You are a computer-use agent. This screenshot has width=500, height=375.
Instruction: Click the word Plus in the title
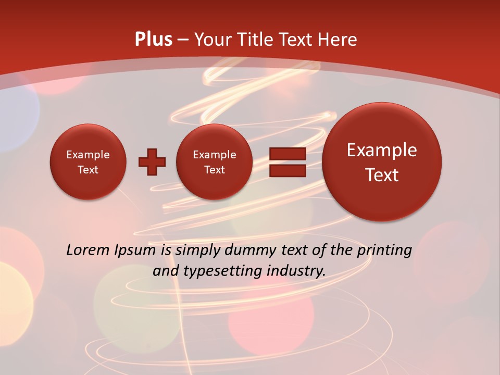[x=154, y=40]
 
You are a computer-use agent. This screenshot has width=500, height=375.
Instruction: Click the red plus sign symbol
[x=152, y=162]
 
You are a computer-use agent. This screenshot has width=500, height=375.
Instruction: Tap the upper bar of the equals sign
[x=287, y=154]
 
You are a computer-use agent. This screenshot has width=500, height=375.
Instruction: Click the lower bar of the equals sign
[x=287, y=170]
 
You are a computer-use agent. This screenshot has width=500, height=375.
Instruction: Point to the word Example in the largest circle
[x=382, y=150]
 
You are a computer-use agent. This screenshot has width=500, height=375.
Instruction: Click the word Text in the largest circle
[x=382, y=175]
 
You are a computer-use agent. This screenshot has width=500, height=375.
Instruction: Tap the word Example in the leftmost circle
[x=88, y=155]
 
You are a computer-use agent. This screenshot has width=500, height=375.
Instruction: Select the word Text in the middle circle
[x=214, y=170]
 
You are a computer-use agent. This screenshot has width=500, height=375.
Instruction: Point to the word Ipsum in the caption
[x=138, y=251]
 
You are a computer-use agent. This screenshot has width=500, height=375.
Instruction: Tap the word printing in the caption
[x=384, y=251]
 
